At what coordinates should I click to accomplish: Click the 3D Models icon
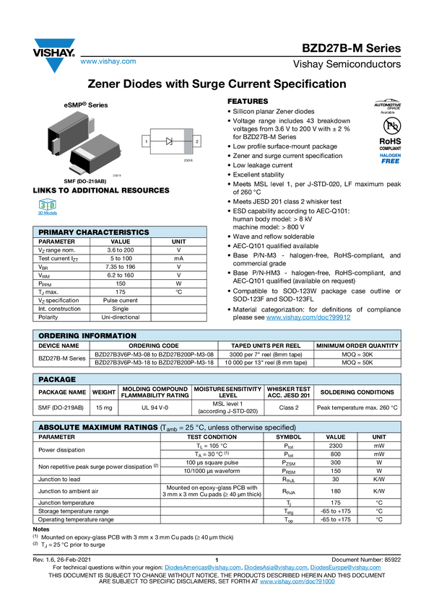coord(48,208)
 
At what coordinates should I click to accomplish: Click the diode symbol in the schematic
coord(170,142)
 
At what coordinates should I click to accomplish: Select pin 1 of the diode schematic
coord(147,142)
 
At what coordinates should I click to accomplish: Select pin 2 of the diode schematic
coord(196,142)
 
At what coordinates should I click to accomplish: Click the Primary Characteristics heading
coord(94,232)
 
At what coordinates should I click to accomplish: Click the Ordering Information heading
coord(87,335)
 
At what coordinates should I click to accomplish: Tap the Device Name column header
coord(58,346)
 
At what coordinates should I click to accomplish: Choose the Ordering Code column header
coord(154,346)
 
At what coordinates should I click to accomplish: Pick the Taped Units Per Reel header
coord(266,346)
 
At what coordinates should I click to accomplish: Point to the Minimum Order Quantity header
coord(357,346)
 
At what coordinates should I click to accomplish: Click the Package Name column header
coord(62,392)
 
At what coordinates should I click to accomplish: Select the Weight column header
coord(104,392)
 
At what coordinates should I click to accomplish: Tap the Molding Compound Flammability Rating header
coord(155,392)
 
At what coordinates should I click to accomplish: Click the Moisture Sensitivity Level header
coord(227,392)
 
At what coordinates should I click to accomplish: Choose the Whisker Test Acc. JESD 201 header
coord(289,392)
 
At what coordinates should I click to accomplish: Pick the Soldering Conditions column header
coord(357,392)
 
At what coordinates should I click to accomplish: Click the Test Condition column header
coord(212,437)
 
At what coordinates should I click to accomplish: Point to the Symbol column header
coord(288,437)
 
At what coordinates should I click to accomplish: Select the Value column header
coord(336,437)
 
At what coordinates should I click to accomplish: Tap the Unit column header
coord(379,437)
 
